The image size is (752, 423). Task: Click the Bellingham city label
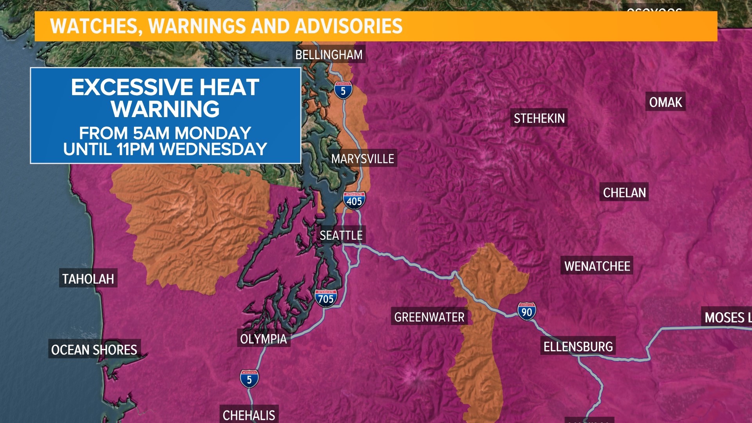point(329,55)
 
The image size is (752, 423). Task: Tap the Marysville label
point(362,159)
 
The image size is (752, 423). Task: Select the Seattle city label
point(341,235)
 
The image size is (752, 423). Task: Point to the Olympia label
point(263,339)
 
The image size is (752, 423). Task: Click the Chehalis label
point(249,415)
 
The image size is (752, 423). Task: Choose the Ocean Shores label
point(94,350)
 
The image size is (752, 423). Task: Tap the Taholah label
point(88,279)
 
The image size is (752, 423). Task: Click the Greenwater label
point(429,317)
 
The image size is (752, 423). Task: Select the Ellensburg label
point(578,347)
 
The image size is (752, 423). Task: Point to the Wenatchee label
point(597,266)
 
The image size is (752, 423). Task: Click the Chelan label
point(624,193)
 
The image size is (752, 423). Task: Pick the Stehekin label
point(539,118)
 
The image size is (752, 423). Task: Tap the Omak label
point(665,102)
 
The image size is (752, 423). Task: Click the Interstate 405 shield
point(354,201)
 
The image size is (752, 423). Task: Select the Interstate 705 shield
point(325,298)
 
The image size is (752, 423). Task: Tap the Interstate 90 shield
point(527,311)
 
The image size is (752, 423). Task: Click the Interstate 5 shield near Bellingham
point(343,90)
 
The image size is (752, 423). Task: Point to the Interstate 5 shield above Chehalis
point(249,379)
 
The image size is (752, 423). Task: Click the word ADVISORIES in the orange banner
point(349,26)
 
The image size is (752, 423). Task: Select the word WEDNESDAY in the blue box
point(213,149)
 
